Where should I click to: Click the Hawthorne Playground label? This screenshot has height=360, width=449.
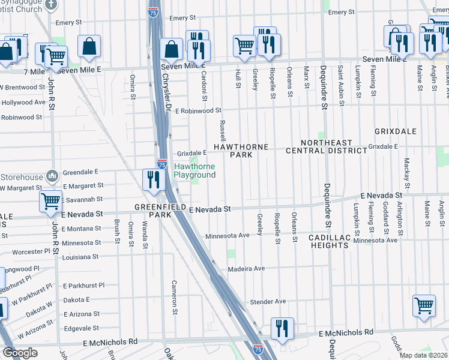point(194,170)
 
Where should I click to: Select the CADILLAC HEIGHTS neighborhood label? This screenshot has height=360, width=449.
point(330,242)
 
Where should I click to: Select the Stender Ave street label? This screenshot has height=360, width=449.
point(268,301)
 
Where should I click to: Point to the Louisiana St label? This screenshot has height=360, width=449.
point(80,256)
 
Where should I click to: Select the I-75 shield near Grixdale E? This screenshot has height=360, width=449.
point(161,163)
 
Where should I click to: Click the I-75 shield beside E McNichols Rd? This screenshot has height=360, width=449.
point(258,348)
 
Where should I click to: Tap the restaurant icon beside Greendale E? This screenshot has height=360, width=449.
point(154,179)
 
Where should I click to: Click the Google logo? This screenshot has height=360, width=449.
point(20,353)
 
